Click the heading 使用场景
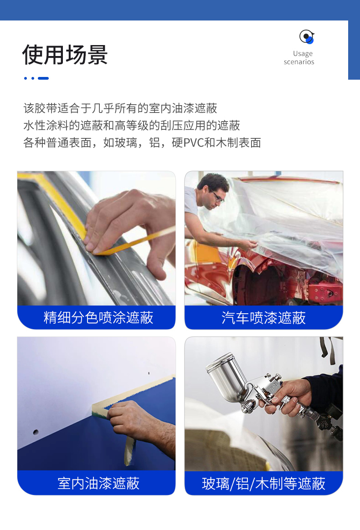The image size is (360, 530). (x=65, y=55)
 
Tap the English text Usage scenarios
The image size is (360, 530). (x=299, y=57)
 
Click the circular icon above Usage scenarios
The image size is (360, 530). (x=307, y=36)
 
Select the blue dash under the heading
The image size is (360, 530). (x=43, y=78)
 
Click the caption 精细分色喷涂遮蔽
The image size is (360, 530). (x=98, y=318)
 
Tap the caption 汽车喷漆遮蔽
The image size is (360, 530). (x=263, y=318)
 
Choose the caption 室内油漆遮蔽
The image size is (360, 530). (x=98, y=484)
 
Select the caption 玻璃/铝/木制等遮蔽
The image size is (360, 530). (x=263, y=484)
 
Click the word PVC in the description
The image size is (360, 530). (x=194, y=143)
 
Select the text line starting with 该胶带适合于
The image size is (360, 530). (x=120, y=108)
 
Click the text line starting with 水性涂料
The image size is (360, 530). (x=132, y=125)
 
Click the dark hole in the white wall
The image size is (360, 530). (x=36, y=432)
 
